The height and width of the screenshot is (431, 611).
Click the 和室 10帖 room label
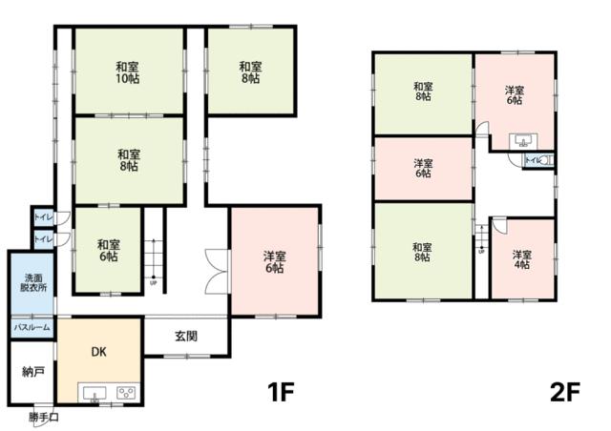pos(128,72)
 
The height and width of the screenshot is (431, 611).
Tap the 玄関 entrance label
pos(186,336)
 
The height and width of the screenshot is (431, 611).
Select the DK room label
pos(98,351)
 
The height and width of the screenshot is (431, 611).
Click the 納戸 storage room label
pos(32,372)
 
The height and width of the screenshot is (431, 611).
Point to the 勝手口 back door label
pos(43,417)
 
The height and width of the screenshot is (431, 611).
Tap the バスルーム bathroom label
pos(32,327)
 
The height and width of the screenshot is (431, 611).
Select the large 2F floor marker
pos(564,392)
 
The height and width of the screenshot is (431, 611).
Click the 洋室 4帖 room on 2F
pos(521,260)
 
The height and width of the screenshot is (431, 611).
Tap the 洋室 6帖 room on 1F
pos(274,262)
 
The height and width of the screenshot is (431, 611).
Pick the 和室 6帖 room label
pos(108,251)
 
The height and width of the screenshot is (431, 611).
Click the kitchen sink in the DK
pos(95,393)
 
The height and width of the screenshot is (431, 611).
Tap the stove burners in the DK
pos(126,392)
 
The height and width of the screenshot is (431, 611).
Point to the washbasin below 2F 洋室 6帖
pos(522,140)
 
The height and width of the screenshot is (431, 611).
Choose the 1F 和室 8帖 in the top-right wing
pos(250,72)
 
